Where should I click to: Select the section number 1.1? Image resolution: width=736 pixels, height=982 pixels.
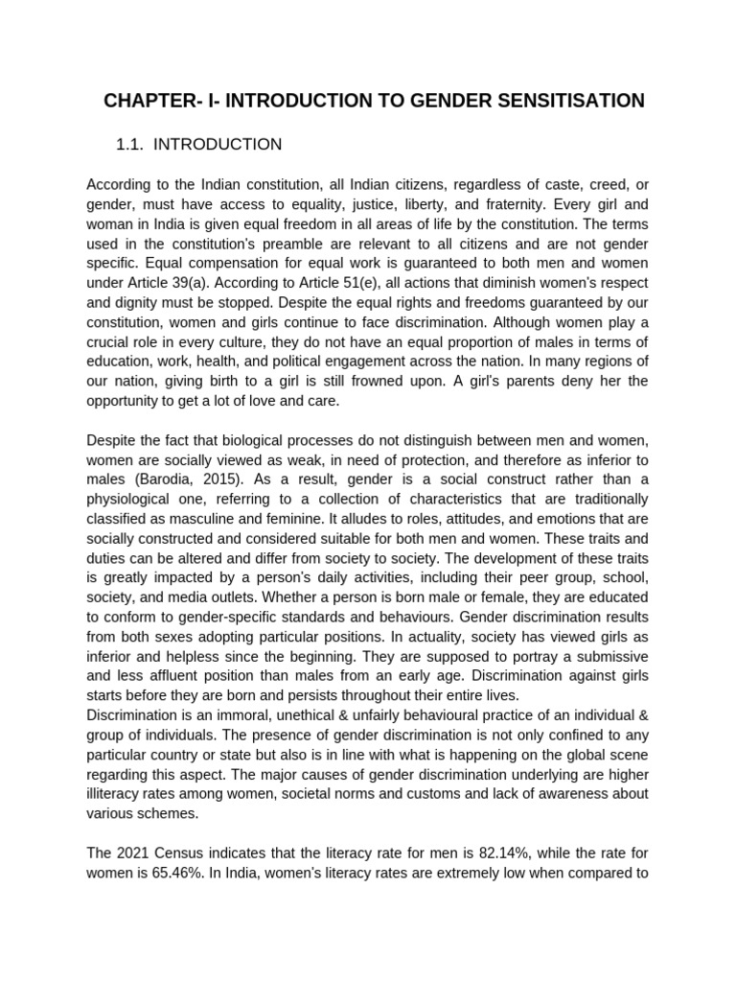tap(129, 145)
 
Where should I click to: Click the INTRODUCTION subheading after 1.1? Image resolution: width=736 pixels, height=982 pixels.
tap(218, 145)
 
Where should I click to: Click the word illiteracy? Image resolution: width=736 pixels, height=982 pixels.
tap(118, 793)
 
